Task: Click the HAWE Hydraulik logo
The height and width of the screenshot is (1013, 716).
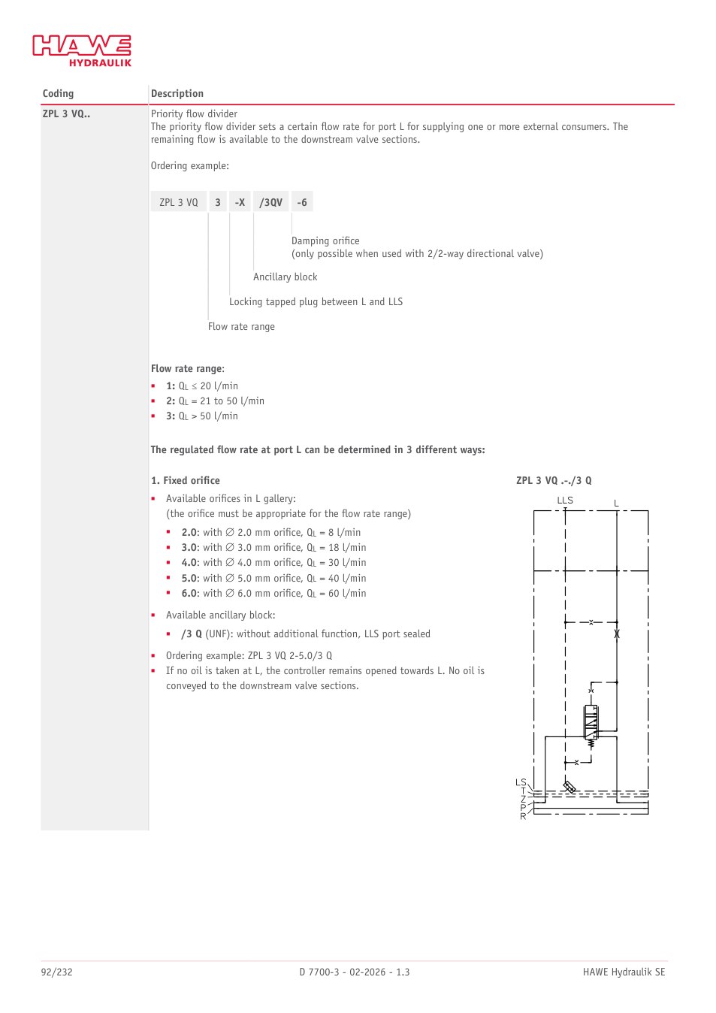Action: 82,50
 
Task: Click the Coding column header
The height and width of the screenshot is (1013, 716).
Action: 58,93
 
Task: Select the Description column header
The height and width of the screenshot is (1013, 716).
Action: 177,93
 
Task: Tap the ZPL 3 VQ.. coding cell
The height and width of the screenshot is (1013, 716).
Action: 66,113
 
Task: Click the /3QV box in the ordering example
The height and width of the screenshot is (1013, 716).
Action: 270,201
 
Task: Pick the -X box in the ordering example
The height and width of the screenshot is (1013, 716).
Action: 240,201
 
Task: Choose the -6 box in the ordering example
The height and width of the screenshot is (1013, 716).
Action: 302,201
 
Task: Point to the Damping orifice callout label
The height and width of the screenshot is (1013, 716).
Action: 325,240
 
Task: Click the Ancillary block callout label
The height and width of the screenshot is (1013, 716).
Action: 285,277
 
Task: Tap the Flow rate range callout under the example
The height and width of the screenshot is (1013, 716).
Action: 241,326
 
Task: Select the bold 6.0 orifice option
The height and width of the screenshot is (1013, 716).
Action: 190,593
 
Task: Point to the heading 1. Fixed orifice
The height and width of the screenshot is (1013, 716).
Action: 186,480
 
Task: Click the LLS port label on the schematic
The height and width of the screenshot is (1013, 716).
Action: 565,500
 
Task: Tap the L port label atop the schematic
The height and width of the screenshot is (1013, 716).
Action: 616,503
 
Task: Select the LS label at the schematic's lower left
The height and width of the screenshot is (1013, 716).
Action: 521,782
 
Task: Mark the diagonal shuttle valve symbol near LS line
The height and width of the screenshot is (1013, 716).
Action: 569,788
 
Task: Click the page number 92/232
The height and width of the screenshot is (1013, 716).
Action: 57,972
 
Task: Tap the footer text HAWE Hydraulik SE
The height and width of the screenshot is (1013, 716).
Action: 624,972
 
